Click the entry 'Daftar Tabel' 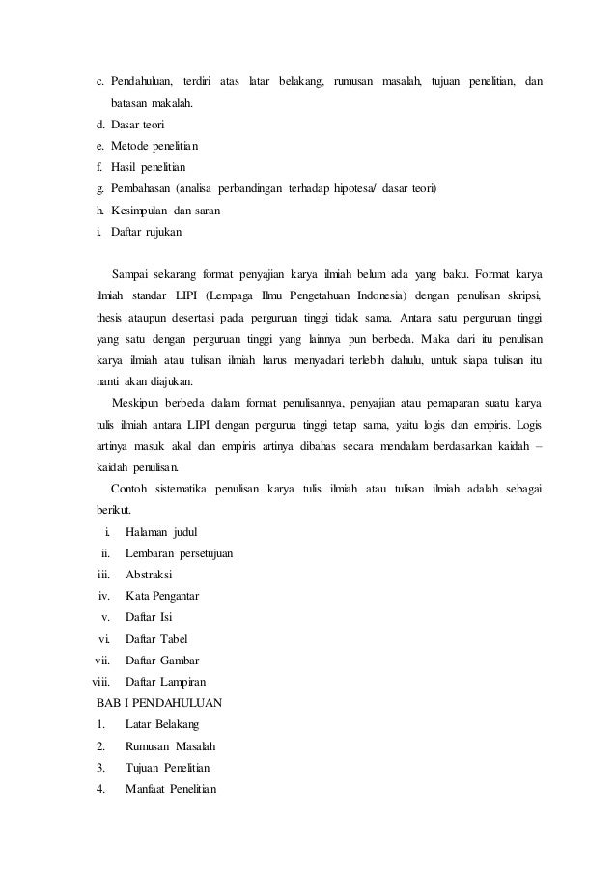click(x=156, y=638)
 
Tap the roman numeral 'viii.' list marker click(x=100, y=681)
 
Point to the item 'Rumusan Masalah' click(x=171, y=746)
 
